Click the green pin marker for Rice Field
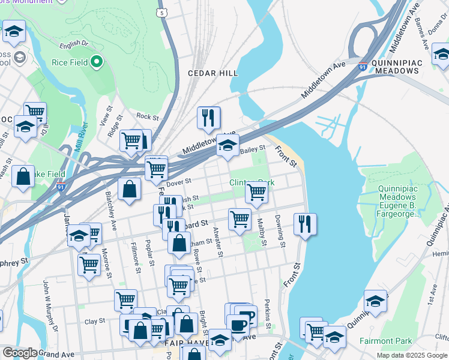95,62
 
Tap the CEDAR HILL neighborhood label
213,73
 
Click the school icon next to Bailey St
228,145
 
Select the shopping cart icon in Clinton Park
256,193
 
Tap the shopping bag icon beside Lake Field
23,176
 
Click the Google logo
19,353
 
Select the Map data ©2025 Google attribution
412,355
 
